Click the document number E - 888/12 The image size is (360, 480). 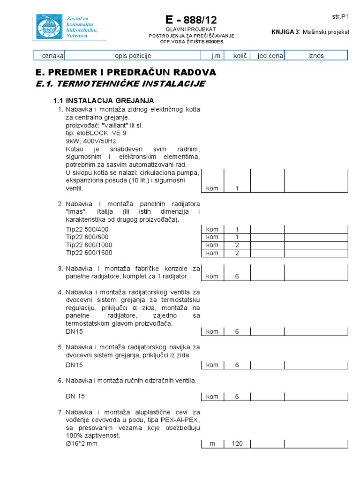click(x=191, y=20)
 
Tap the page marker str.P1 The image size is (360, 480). click(x=341, y=16)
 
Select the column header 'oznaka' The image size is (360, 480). click(x=52, y=56)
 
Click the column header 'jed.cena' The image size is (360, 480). click(x=267, y=56)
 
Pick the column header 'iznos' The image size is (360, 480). click(x=316, y=56)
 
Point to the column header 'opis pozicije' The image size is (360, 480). click(x=133, y=56)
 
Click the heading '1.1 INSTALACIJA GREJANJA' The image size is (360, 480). click(x=103, y=101)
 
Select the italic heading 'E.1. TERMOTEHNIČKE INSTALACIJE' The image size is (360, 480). click(x=120, y=84)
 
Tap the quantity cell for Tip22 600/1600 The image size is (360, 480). click(x=237, y=253)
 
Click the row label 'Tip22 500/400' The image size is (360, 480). click(x=87, y=229)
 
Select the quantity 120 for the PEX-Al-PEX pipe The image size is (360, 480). click(x=237, y=443)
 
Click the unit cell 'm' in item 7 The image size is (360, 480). click(x=212, y=443)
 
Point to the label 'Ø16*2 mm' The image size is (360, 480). click(x=82, y=443)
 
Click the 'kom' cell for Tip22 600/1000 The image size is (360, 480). click(x=212, y=245)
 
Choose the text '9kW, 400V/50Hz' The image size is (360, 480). click(x=91, y=141)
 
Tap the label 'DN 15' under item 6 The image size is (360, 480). click(x=75, y=396)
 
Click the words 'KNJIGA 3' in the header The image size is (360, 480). click(x=286, y=32)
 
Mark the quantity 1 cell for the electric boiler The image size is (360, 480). click(x=237, y=188)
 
